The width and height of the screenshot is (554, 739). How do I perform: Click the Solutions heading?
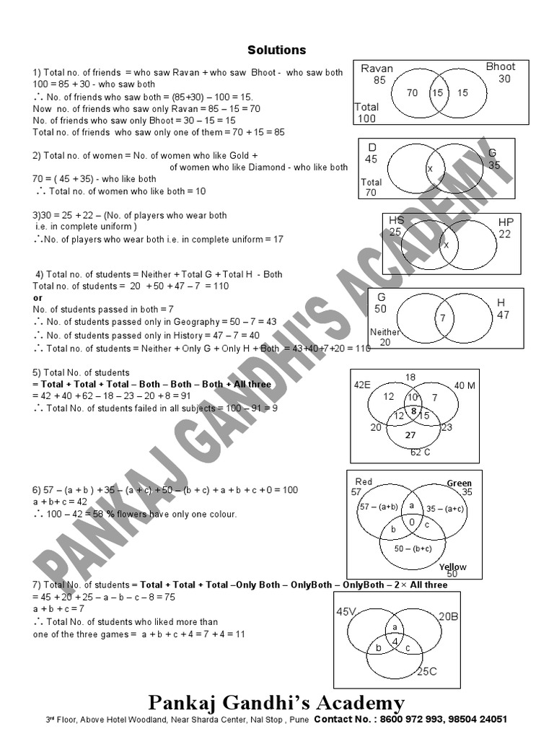[277, 51]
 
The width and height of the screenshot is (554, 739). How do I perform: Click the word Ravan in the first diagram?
[377, 69]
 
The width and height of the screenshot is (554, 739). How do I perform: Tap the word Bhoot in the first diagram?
[501, 67]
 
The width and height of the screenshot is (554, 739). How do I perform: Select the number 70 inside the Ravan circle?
[412, 93]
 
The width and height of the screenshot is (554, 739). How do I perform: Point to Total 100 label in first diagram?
[366, 113]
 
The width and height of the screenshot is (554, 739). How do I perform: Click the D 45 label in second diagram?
[371, 153]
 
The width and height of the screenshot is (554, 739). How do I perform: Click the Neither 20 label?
[384, 337]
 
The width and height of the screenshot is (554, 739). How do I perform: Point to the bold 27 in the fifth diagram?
[410, 435]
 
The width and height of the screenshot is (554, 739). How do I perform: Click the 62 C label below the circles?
[421, 452]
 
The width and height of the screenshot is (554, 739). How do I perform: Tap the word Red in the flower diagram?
[364, 481]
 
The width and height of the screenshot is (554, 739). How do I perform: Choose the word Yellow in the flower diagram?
[452, 567]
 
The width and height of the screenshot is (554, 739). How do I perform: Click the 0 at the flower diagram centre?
[412, 522]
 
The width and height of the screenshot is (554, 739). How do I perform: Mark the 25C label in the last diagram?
[426, 672]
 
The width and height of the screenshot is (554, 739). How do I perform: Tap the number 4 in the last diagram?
[395, 641]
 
